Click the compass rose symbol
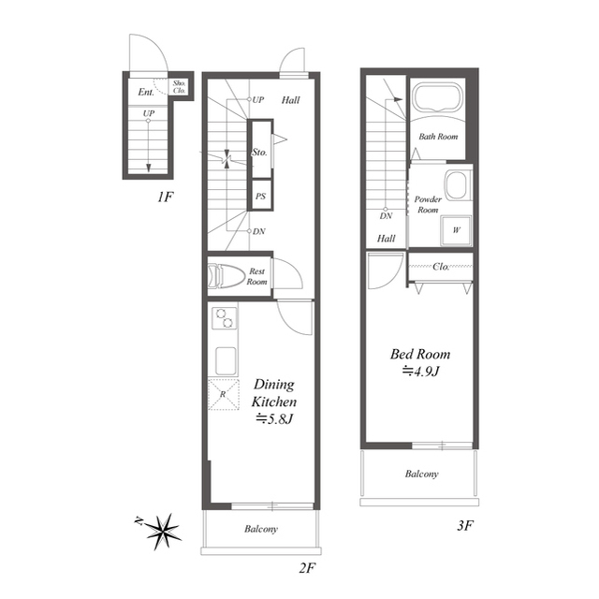[x=164, y=532]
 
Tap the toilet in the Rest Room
[x=226, y=275]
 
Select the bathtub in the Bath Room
[x=437, y=97]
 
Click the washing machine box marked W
[x=456, y=230]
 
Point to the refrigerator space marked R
[x=224, y=395]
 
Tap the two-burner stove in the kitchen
[x=225, y=318]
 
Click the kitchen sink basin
[x=226, y=361]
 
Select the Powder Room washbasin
[x=457, y=185]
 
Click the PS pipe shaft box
[x=260, y=196]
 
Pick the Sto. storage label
[x=259, y=152]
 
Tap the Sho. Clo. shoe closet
[x=179, y=87]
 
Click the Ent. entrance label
[x=146, y=92]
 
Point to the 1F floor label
[x=165, y=197]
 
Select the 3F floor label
[x=465, y=526]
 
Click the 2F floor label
[x=307, y=568]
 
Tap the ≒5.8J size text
[x=274, y=419]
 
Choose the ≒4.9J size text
[x=420, y=371]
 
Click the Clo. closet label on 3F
[x=441, y=267]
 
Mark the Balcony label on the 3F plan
[x=421, y=475]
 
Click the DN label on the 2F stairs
[x=259, y=231]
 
